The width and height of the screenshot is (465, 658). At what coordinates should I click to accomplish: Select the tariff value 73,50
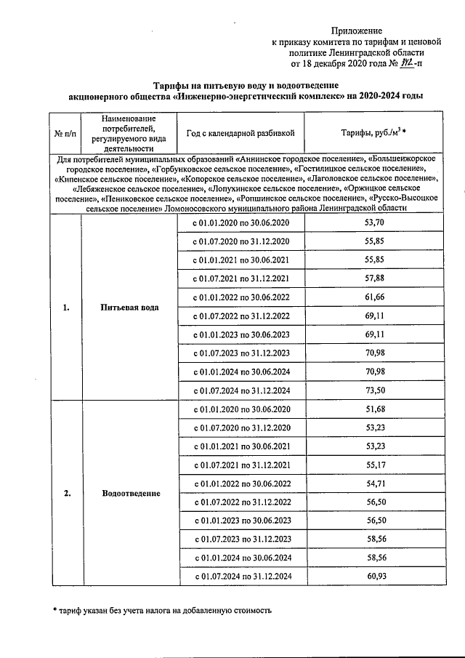point(373,390)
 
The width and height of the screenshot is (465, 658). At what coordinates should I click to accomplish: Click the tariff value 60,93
point(373,577)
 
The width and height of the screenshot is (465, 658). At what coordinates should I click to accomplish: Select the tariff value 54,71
point(373,484)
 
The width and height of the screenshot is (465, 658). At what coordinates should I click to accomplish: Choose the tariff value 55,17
point(373,465)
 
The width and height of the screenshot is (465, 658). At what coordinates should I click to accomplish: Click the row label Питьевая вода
point(130,307)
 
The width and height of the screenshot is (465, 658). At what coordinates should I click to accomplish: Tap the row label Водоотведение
point(130,494)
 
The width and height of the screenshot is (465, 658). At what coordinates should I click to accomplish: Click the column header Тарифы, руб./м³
point(373,134)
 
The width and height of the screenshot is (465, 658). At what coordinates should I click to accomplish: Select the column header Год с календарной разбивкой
point(240,134)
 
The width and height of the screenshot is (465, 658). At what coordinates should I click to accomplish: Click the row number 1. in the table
point(65,307)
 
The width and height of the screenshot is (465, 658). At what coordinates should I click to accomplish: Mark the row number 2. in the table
point(66,494)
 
